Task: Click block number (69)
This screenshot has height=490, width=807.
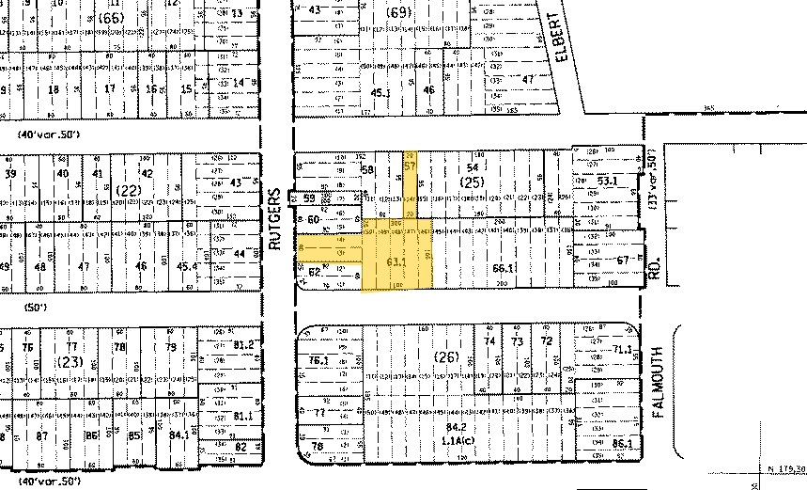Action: click(x=398, y=12)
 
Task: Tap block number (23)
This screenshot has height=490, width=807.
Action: click(x=69, y=362)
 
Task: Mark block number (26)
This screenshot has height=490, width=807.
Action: click(x=447, y=356)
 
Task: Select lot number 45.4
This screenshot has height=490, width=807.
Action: click(x=188, y=266)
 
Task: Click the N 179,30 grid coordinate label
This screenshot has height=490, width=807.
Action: click(x=785, y=467)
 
